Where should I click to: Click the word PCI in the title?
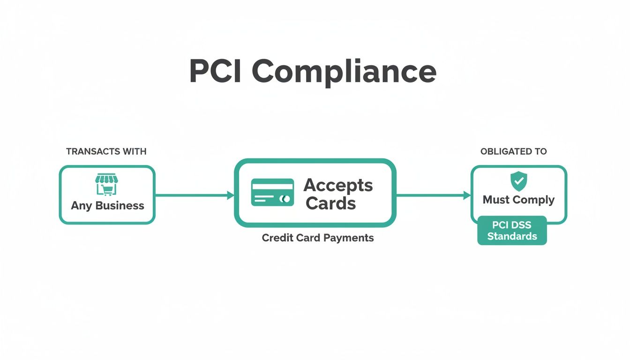(215, 72)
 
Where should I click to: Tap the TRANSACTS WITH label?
(106, 151)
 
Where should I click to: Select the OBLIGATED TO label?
(514, 151)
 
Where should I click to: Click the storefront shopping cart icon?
(105, 184)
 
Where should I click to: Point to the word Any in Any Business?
(81, 206)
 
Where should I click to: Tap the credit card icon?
(272, 192)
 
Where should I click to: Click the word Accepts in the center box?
(338, 185)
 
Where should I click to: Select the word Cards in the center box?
(330, 203)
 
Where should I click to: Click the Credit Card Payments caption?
(318, 238)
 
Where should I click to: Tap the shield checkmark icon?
(518, 181)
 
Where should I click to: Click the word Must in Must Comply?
(495, 200)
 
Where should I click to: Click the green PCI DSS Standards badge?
(512, 230)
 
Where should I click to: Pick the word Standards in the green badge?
(512, 236)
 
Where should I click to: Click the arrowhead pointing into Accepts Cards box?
(230, 195)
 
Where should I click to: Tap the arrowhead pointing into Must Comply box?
(467, 195)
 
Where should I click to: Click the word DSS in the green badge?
(521, 225)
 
